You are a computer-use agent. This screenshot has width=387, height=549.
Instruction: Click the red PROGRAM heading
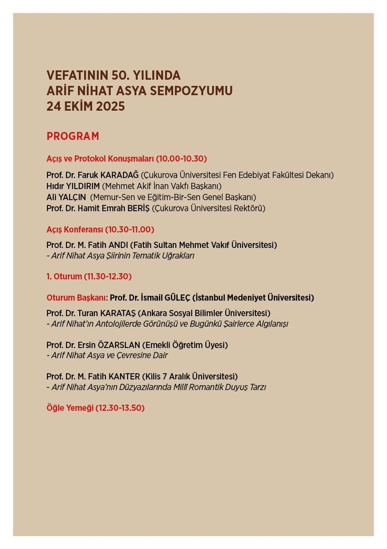pyautogui.click(x=73, y=136)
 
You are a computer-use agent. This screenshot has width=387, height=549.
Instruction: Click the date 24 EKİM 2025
pyautogui.click(x=85, y=107)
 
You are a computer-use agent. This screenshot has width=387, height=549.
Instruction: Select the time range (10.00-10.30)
pyautogui.click(x=182, y=159)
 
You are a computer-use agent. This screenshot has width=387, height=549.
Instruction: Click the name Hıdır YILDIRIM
pyautogui.click(x=73, y=186)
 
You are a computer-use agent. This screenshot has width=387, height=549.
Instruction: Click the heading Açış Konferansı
pyautogui.click(x=74, y=229)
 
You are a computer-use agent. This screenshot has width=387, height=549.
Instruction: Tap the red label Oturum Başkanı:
pyautogui.click(x=77, y=298)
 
